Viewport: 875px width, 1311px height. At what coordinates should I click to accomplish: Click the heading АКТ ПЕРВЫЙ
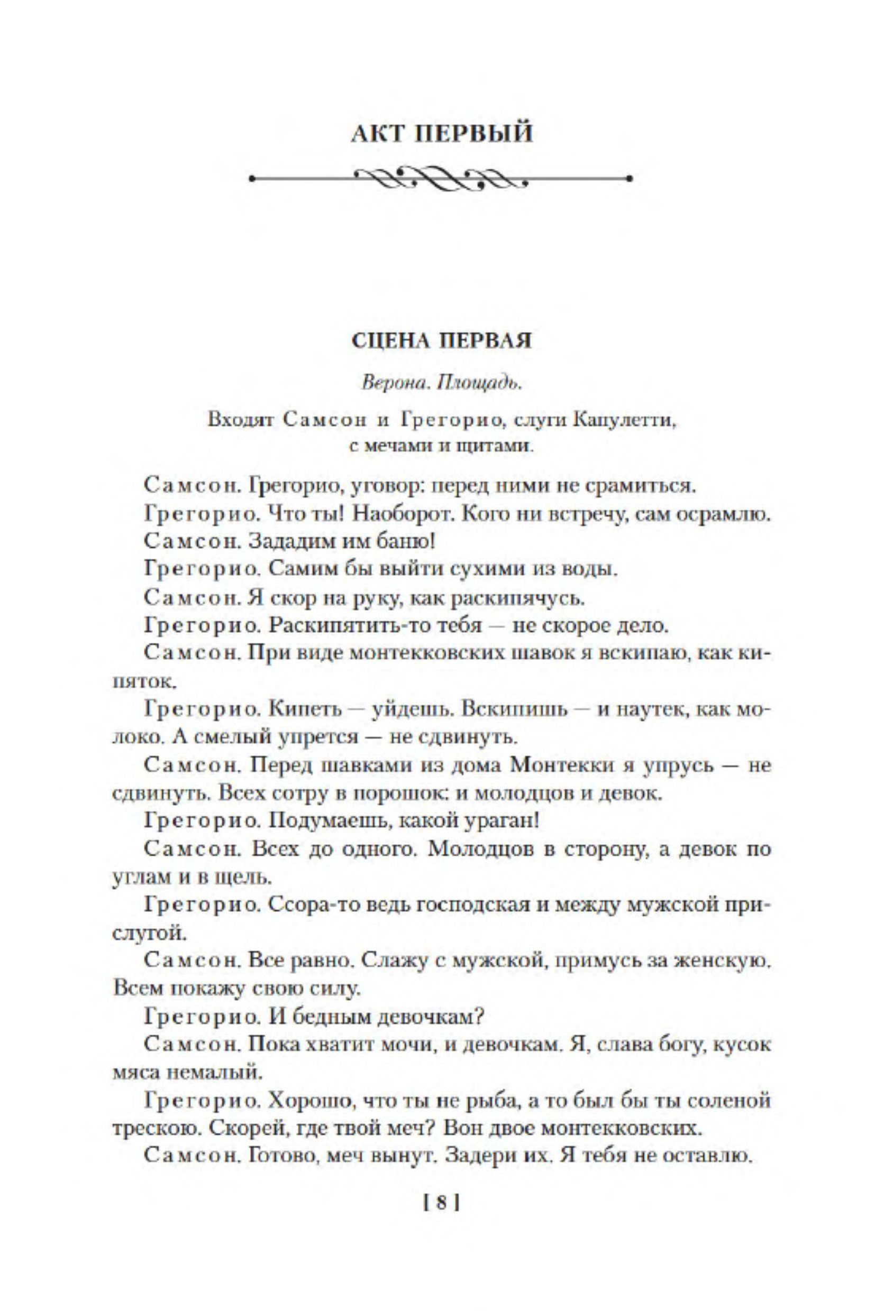coord(441,134)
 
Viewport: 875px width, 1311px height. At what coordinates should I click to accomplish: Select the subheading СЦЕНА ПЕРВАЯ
coord(441,341)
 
